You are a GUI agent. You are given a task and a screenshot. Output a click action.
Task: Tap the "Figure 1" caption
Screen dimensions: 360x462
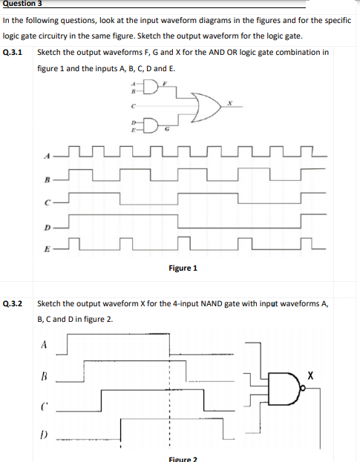pyautogui.click(x=183, y=268)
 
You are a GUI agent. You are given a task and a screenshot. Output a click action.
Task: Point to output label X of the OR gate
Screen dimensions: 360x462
pyautogui.click(x=232, y=103)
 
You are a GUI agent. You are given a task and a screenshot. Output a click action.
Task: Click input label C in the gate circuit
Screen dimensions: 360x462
pyautogui.click(x=133, y=108)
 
